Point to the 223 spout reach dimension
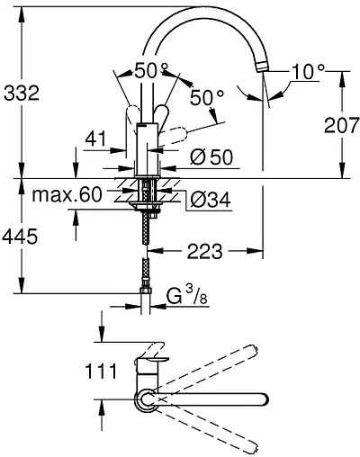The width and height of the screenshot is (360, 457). click(206, 253)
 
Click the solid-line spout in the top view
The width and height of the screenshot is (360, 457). click(216, 398)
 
